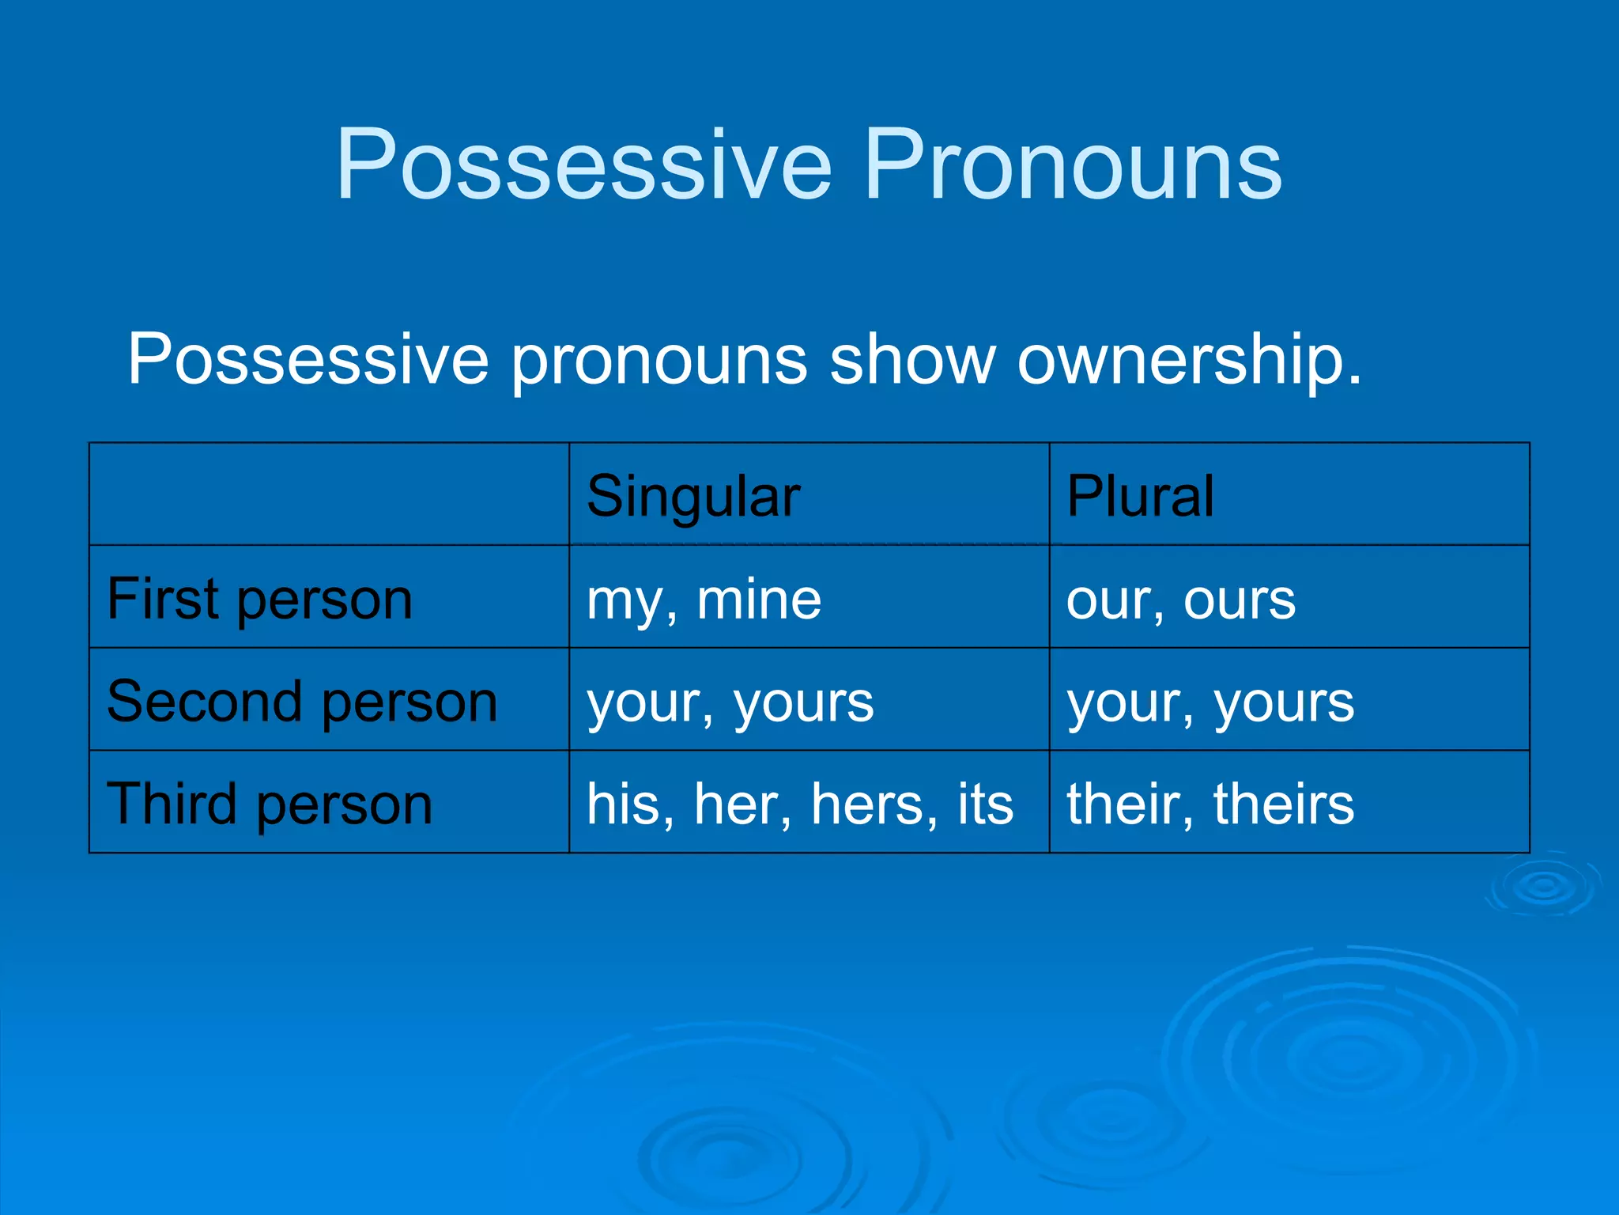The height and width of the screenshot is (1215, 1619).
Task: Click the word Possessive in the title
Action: (583, 166)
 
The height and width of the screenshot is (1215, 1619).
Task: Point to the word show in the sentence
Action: (912, 360)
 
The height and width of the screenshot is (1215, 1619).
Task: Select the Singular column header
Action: (693, 497)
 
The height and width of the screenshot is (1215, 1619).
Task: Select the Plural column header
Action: (1139, 497)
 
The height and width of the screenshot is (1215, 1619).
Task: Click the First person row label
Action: (259, 600)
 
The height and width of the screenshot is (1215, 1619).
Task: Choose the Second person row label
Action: (302, 702)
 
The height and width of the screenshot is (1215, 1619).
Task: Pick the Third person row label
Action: (270, 804)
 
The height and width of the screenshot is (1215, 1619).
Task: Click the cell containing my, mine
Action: (704, 600)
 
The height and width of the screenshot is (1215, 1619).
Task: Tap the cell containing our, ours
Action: (1180, 600)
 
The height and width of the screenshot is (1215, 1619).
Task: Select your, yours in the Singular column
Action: (730, 702)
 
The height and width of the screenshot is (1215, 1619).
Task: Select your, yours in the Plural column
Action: (1210, 702)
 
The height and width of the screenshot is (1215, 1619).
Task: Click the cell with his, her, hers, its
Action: (799, 804)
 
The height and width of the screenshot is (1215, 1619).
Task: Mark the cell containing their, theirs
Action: (1210, 804)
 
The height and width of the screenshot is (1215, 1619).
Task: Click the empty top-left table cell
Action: (329, 494)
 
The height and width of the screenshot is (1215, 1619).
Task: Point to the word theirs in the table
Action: (1283, 804)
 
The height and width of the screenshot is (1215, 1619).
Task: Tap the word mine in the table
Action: (758, 600)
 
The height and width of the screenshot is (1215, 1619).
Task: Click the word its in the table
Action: (985, 804)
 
